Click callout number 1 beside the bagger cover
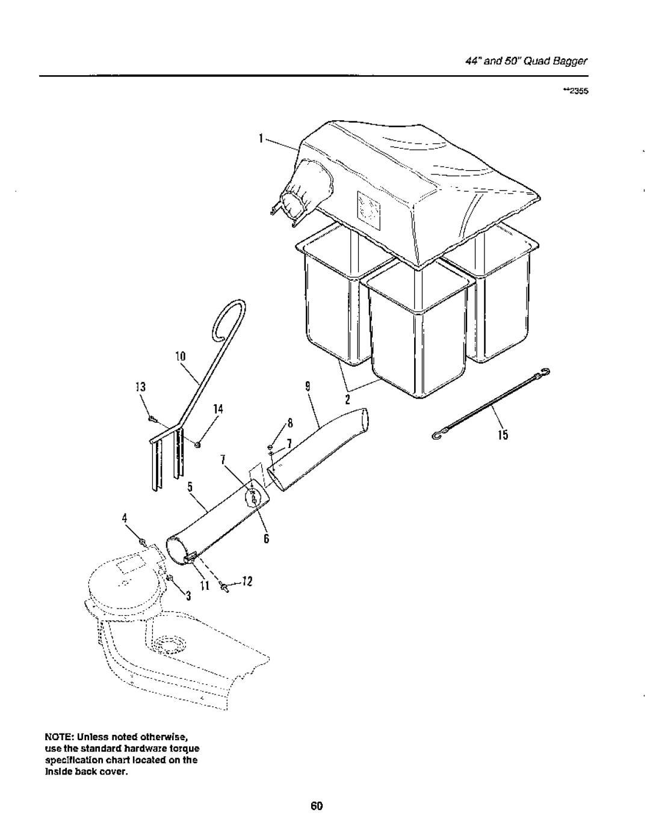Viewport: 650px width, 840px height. (261, 138)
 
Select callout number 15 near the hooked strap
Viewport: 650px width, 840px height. (503, 436)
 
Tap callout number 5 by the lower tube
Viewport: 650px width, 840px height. (188, 489)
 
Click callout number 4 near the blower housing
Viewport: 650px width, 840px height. (126, 518)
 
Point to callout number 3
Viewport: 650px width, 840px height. (188, 596)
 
